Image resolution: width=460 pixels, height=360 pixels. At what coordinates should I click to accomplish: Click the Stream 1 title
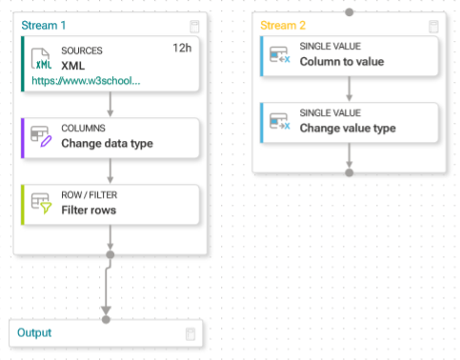pos(44,26)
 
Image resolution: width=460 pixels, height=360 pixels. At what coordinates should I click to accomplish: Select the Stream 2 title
pos(283,26)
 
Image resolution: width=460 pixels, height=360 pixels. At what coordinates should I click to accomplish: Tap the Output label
pos(34,332)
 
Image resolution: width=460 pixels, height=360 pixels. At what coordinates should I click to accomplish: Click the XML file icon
pos(41,59)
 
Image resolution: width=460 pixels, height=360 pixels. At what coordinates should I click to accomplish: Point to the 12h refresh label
pos(182,48)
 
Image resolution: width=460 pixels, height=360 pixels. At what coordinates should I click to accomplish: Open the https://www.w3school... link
pos(86,81)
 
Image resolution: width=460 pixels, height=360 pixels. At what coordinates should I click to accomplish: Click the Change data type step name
pos(107,143)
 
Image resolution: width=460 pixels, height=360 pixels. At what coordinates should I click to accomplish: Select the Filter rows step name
pos(89,210)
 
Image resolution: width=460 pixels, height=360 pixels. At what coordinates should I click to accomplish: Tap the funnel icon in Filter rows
pos(46,209)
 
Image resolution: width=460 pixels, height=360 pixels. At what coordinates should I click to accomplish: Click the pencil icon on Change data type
pos(46,141)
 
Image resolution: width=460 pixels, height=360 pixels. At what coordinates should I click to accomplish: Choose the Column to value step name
pos(342,61)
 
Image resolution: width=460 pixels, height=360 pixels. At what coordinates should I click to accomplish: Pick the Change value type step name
pos(348,128)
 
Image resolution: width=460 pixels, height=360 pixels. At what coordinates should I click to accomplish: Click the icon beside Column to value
pos(280,54)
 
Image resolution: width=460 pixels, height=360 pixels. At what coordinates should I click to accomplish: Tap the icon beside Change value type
pos(280,121)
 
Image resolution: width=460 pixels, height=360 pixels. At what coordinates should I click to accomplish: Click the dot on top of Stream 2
pos(350,12)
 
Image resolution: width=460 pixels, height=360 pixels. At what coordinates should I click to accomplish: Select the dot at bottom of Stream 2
pos(350,172)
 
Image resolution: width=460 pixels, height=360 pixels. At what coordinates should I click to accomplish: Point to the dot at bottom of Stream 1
pos(110,254)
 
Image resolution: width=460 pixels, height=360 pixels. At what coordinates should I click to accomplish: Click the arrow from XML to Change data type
pos(110,105)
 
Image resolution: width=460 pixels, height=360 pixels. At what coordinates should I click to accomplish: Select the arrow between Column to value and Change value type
pos(350,89)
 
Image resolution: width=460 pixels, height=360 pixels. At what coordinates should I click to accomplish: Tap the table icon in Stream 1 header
pos(194,27)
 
